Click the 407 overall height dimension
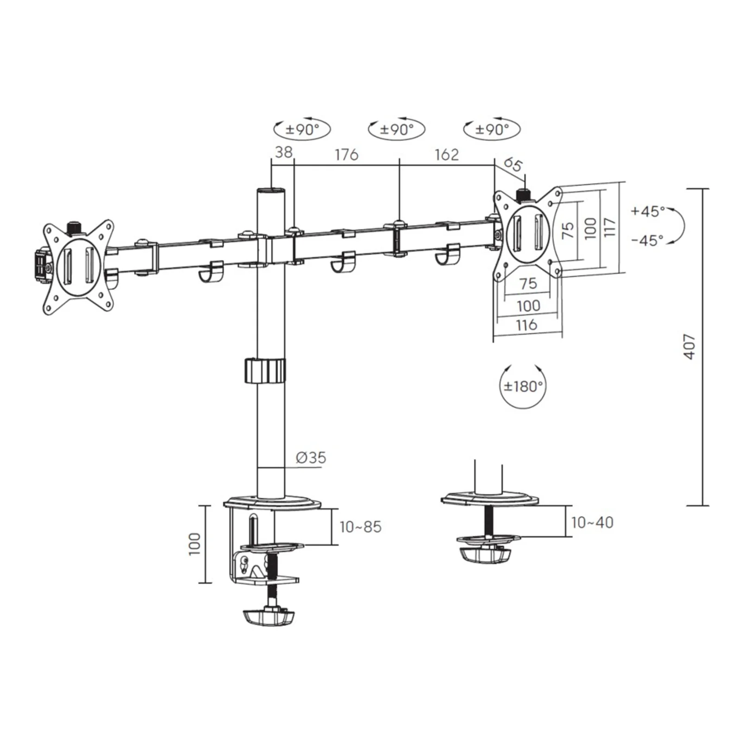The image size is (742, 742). (x=690, y=346)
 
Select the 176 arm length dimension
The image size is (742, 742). (x=347, y=154)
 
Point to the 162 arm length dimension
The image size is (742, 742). (x=447, y=154)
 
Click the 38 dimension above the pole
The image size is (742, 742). (x=284, y=152)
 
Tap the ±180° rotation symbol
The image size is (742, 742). (x=524, y=386)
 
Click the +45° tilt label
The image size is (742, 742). (x=648, y=211)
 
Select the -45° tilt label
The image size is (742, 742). (x=648, y=240)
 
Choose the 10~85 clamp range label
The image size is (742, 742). (x=360, y=527)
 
